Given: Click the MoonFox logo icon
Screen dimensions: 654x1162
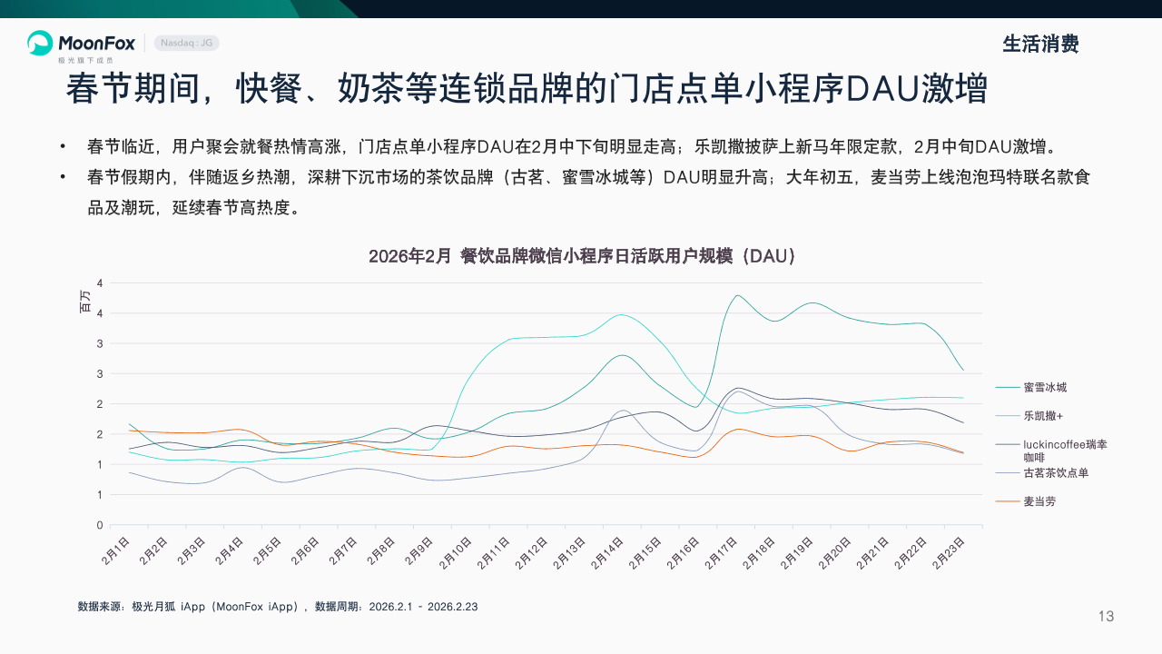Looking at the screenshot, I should tap(40, 43).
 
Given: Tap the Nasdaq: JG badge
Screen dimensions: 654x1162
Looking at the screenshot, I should tap(186, 43).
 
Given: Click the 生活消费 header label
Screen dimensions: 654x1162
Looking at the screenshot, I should tap(1040, 44).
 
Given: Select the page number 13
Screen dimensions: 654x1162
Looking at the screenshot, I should tap(1106, 617).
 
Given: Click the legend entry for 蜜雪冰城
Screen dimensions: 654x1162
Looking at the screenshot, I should tap(1044, 387).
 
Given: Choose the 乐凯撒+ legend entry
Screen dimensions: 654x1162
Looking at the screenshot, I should tap(1043, 416).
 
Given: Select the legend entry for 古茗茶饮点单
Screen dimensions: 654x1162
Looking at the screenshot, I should tap(1055, 472).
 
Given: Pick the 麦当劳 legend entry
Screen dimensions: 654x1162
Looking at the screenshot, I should tap(1039, 501).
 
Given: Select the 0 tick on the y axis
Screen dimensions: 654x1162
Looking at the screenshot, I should tap(99, 525).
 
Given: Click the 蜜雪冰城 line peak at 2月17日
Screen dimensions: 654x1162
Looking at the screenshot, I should tap(736, 295).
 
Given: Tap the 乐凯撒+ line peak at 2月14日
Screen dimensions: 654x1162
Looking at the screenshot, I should tap(621, 315).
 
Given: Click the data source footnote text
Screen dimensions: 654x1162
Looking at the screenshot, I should tap(277, 606).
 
